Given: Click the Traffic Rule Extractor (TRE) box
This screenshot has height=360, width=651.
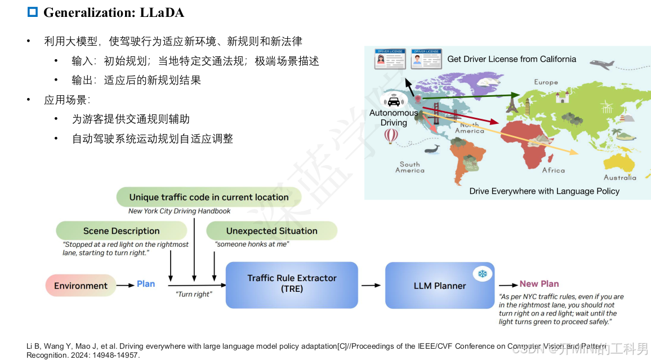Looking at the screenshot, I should tap(292, 284).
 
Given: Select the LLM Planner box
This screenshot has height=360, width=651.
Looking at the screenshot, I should tap(440, 285).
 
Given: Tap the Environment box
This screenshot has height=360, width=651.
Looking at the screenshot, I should tap(81, 286).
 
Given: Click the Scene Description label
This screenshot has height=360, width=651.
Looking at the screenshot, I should tap(121, 230).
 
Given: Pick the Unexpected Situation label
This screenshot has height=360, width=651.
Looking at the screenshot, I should tap(271, 230).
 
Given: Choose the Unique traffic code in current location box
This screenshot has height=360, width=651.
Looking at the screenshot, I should tap(208, 197).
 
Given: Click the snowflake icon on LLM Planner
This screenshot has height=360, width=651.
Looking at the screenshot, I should tap(482, 274).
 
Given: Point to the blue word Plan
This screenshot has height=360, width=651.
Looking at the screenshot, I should tap(146, 284).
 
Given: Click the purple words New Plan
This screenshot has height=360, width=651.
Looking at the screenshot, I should tap(539, 284).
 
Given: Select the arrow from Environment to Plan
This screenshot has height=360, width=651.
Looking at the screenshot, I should tap(125, 286).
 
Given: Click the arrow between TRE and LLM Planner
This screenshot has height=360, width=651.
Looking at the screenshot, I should tap(371, 285).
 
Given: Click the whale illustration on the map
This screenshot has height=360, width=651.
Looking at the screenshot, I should tap(431, 149).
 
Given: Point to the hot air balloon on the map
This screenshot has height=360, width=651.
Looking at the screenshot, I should tap(391, 135).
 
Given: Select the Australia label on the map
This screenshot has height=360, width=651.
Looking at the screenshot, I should tap(619, 177).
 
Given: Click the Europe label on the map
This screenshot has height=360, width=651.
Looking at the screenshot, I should tap(546, 82).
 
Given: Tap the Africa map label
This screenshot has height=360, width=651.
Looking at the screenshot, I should tap(553, 170).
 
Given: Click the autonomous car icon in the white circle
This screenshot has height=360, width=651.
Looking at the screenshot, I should tap(394, 101).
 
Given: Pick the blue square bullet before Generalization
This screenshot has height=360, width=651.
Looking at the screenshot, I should tap(33, 12).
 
